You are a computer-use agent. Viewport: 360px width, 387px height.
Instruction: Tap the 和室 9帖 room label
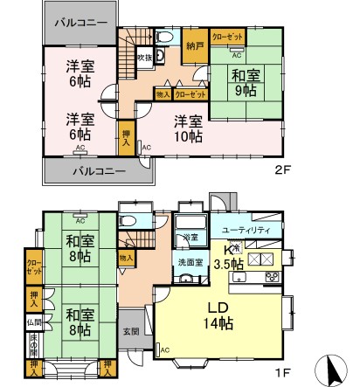[246, 82]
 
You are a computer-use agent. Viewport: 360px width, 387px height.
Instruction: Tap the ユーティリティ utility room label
[252, 229]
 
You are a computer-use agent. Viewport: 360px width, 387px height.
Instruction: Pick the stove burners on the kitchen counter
[271, 278]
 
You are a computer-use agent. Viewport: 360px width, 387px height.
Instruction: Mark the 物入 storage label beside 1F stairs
[126, 258]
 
